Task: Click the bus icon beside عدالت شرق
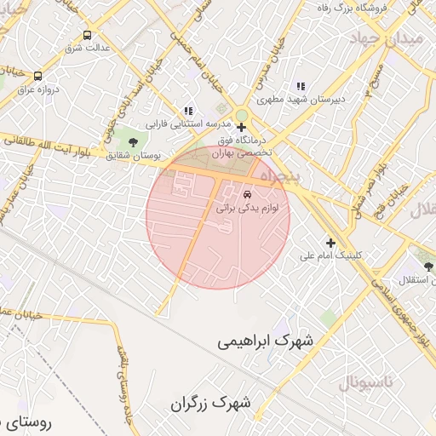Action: [87, 35]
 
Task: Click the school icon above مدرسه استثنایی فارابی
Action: [188, 111]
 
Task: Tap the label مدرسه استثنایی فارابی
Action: [182, 123]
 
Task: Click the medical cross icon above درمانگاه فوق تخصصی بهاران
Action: [241, 127]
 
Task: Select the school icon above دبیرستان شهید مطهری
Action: [300, 86]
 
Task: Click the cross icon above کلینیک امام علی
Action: [330, 243]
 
